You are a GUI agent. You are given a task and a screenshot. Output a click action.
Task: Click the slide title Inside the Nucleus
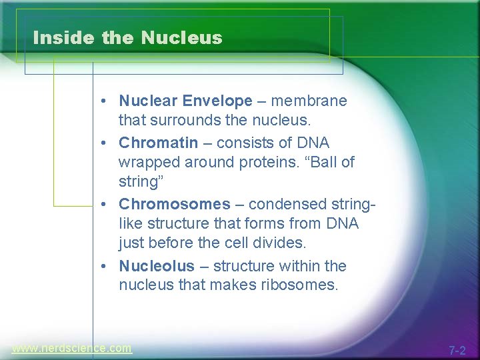click(127, 38)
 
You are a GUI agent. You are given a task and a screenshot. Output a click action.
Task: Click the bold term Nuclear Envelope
click(185, 101)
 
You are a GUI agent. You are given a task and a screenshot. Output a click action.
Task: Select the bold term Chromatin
click(158, 143)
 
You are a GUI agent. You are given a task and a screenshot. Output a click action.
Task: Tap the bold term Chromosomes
click(174, 204)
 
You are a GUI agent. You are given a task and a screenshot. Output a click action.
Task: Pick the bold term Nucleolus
click(157, 266)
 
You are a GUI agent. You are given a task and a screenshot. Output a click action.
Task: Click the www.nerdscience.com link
click(71, 348)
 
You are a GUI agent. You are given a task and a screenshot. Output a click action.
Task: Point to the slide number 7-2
click(457, 350)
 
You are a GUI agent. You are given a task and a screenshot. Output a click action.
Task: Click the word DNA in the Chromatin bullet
click(313, 143)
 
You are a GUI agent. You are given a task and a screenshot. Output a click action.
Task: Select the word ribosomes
click(304, 286)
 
